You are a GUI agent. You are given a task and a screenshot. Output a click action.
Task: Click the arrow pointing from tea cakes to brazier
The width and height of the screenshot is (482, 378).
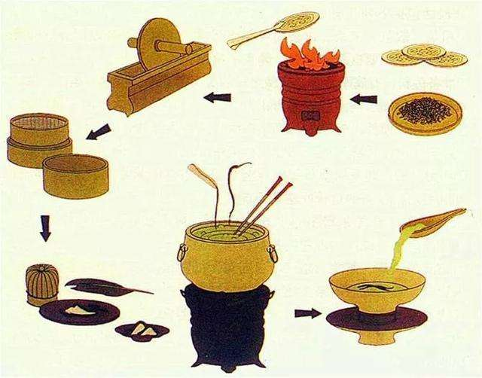click(x=365, y=98)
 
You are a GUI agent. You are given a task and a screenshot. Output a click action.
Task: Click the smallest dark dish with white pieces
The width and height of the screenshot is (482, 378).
click(x=142, y=329)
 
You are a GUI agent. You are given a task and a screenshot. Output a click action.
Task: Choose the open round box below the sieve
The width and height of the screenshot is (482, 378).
click(x=75, y=176)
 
